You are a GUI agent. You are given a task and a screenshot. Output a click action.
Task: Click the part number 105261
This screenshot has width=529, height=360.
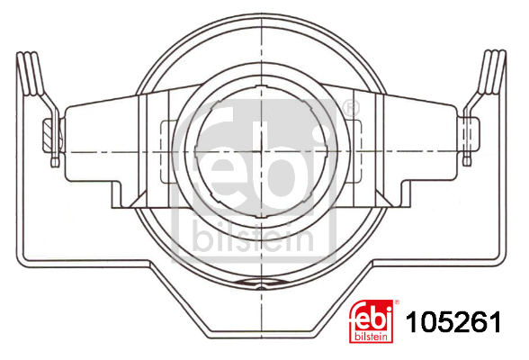click(x=453, y=322)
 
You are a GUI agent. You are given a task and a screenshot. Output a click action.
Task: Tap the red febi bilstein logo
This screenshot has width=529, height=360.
click(x=371, y=321)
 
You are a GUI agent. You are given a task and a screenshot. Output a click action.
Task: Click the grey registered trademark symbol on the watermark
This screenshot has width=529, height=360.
click(x=350, y=108)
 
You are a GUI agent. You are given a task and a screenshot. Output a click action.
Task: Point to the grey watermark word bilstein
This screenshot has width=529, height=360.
click(x=254, y=238)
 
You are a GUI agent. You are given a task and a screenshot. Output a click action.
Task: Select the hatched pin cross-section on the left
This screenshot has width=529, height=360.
click(x=49, y=136)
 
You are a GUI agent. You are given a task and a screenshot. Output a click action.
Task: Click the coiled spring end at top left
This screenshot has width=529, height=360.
click(x=31, y=73)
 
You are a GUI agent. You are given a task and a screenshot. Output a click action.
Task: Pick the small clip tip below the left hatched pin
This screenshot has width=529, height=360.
click(x=55, y=161)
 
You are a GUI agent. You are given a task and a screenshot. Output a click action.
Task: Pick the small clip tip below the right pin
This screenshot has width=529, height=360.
click(x=467, y=160)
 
